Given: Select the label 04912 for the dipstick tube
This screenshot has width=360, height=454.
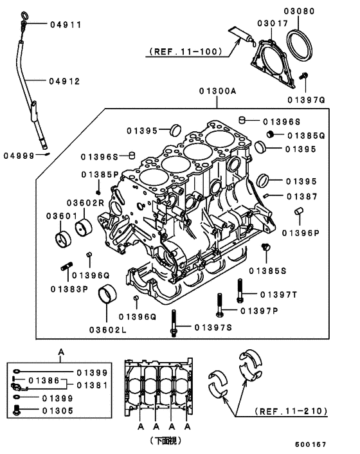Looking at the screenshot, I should (66, 81).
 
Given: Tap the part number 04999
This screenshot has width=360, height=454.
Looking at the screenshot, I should (19, 155).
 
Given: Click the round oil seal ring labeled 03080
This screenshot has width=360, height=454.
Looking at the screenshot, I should (300, 46).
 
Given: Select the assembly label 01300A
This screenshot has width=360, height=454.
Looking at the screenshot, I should (217, 92).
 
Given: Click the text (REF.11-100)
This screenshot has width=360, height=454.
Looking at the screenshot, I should (185, 51).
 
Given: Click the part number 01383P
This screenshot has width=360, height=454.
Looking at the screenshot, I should (69, 289).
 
